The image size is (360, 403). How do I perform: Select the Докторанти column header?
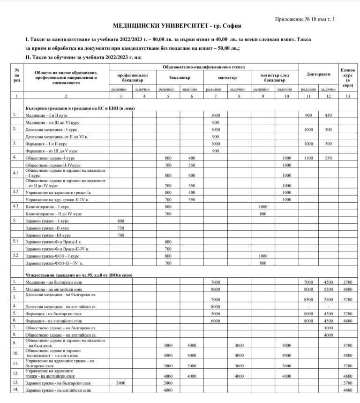(x=318, y=74)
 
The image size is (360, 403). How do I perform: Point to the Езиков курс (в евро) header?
(x=347, y=77)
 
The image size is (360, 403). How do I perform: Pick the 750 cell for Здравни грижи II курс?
(x=121, y=227)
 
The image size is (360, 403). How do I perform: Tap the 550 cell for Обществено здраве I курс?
(x=328, y=158)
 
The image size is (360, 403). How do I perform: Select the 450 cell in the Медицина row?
(x=328, y=115)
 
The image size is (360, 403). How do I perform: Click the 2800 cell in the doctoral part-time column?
(x=328, y=299)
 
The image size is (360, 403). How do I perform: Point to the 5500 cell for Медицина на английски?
(x=328, y=289)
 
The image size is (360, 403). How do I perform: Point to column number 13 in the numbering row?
(x=347, y=96)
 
